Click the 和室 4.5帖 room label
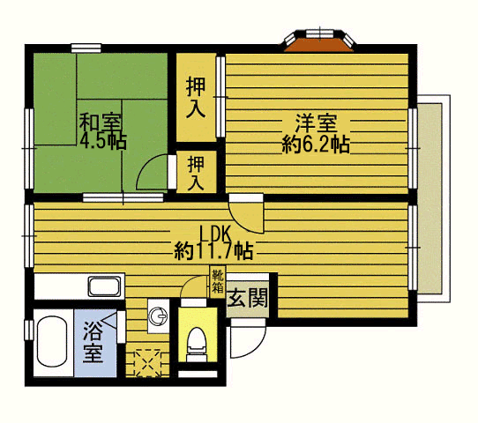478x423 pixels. (102, 131)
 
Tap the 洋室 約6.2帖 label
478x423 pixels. (316, 133)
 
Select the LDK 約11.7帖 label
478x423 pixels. (213, 242)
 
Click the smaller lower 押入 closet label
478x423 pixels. (196, 173)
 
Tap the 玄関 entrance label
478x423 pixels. (248, 297)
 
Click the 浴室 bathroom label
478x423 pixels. (93, 342)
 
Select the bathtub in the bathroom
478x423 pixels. (52, 342)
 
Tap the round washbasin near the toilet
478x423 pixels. (158, 316)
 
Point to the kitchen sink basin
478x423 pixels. (104, 286)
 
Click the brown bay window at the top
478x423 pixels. (319, 44)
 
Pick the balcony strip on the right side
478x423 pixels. (430, 198)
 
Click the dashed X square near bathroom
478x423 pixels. (148, 362)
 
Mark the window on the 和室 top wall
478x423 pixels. (86, 48)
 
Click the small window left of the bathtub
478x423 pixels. (28, 330)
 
